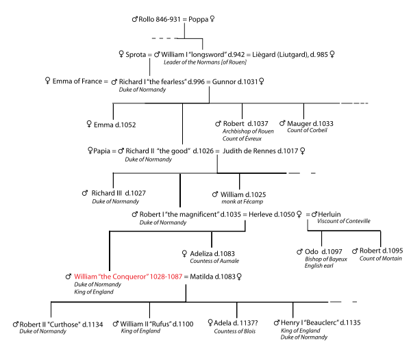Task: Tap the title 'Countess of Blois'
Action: point(235,332)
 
